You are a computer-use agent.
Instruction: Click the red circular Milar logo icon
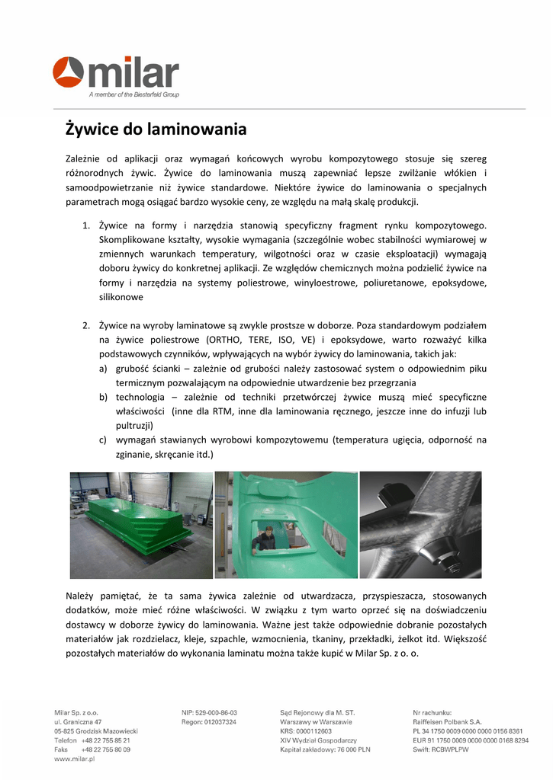68,72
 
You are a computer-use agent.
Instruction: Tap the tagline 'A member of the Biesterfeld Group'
133,95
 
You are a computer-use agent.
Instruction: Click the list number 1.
85,225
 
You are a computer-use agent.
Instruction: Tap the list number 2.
85,325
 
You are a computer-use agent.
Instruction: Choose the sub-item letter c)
103,440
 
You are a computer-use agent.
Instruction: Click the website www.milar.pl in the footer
74,759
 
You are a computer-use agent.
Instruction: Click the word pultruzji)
134,426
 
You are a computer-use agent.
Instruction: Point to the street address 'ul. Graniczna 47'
78,721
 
